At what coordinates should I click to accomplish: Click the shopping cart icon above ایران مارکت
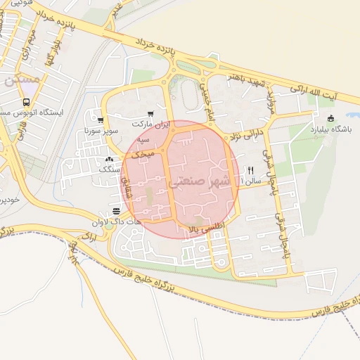pyautogui.click(x=150, y=114)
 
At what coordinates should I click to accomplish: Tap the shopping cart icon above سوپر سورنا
pyautogui.click(x=101, y=120)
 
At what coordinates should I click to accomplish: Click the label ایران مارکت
pyautogui.click(x=150, y=123)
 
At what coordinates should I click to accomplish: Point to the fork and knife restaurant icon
pyautogui.click(x=250, y=170)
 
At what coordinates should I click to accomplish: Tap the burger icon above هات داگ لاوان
pyautogui.click(x=117, y=211)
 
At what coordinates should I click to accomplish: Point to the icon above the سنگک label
pyautogui.click(x=109, y=160)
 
